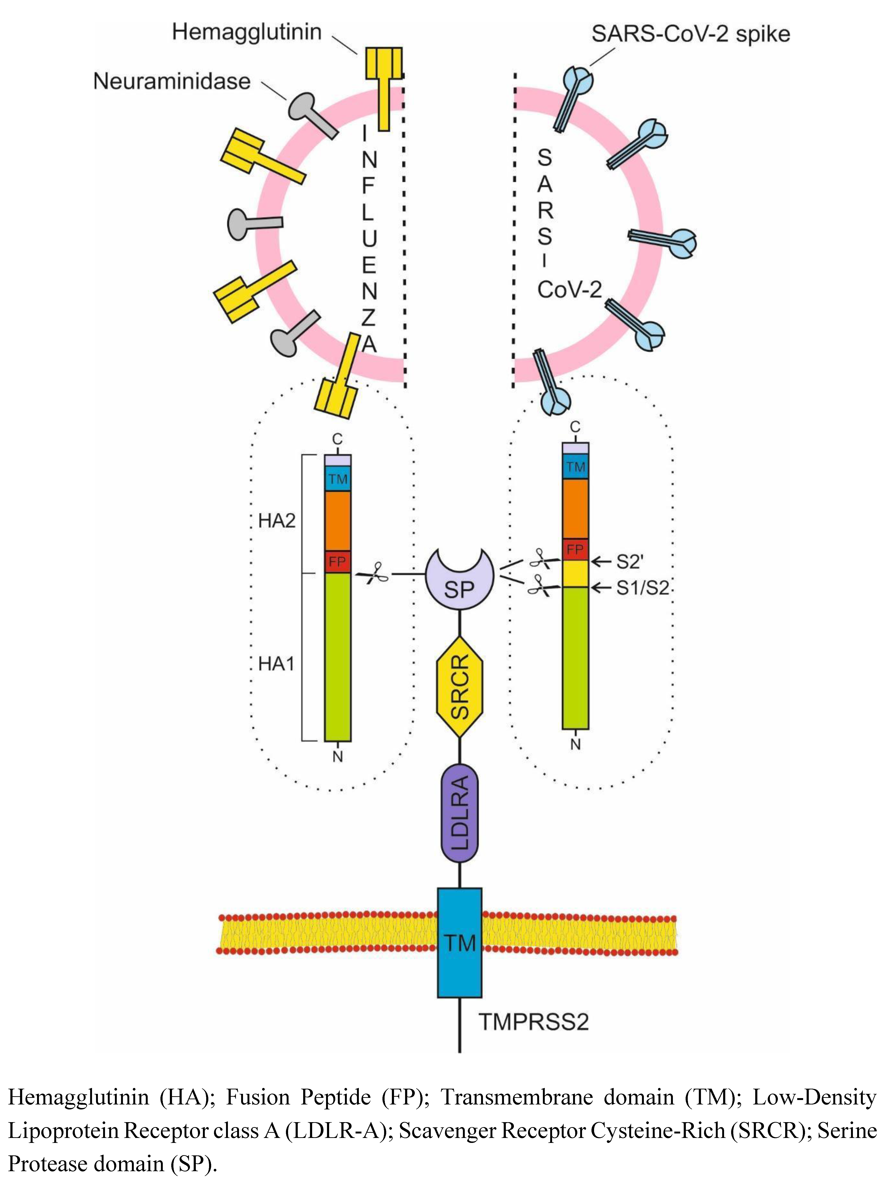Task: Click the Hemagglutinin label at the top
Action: point(247,32)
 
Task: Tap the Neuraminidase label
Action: point(172,81)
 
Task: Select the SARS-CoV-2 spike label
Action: point(691,34)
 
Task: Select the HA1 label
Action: point(277,664)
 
